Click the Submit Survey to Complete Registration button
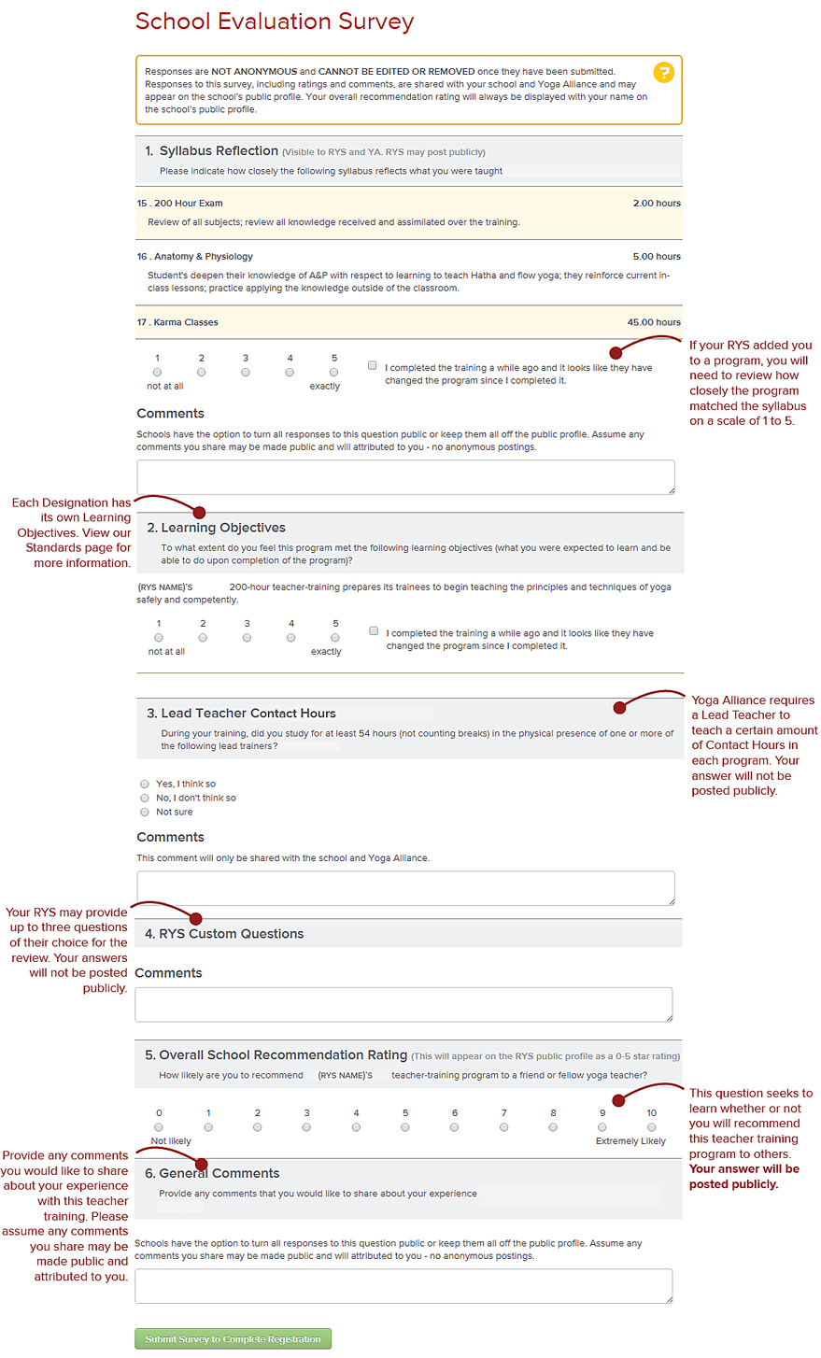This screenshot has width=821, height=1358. pos(233,1338)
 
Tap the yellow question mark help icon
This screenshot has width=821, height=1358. pos(662,72)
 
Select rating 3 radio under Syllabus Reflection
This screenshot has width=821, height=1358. pos(246,373)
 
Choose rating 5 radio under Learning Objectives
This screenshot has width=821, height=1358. pos(335,638)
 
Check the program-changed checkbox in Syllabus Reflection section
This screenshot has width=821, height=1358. pos(373,366)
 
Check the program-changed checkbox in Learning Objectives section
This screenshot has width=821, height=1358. pos(374,631)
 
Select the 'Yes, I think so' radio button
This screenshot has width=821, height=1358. pos(145,784)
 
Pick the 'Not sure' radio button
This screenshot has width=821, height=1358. pos(145,812)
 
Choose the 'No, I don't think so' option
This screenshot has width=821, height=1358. pos(145,798)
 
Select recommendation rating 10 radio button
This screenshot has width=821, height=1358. pos(652,1127)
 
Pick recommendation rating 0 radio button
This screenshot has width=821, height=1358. pos(159,1127)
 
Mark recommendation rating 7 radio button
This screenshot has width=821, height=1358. pos(504,1127)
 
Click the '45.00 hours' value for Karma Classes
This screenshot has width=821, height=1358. pos(654,322)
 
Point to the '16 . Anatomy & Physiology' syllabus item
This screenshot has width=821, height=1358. pos(195,256)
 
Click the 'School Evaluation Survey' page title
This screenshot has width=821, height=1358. pos(275,21)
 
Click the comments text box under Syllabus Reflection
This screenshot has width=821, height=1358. pos(405,476)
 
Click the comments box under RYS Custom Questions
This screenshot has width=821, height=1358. pos(403,1004)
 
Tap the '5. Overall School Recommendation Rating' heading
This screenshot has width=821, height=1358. pos(276,1054)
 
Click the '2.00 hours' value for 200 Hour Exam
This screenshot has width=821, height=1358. pos(657,203)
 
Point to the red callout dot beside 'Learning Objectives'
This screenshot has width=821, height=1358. pos(199,512)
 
